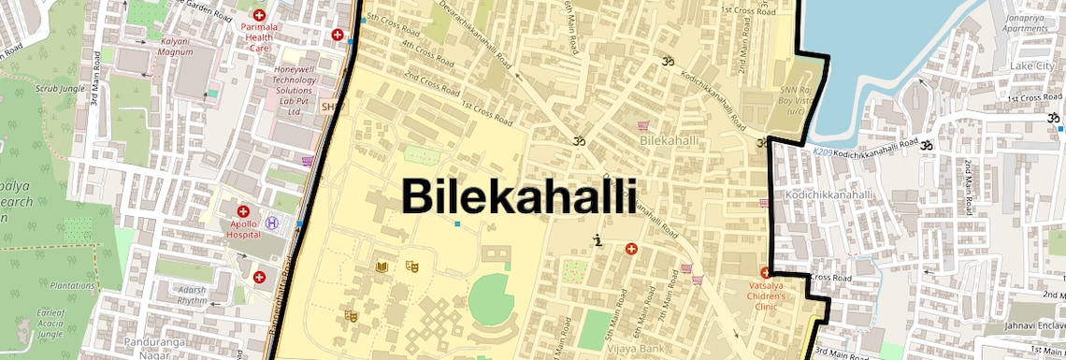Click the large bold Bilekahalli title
[x=519, y=197]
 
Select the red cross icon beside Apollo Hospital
[x=244, y=212]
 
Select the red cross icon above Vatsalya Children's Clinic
[x=765, y=272]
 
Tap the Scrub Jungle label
[x=33, y=88]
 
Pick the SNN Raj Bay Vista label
[x=796, y=98]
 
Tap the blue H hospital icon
[x=272, y=223]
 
